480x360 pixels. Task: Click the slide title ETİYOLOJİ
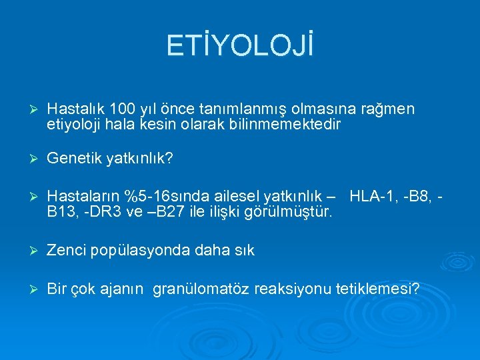240,46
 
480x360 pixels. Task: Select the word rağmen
390,109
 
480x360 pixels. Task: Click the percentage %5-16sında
161,197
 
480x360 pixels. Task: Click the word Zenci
65,251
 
